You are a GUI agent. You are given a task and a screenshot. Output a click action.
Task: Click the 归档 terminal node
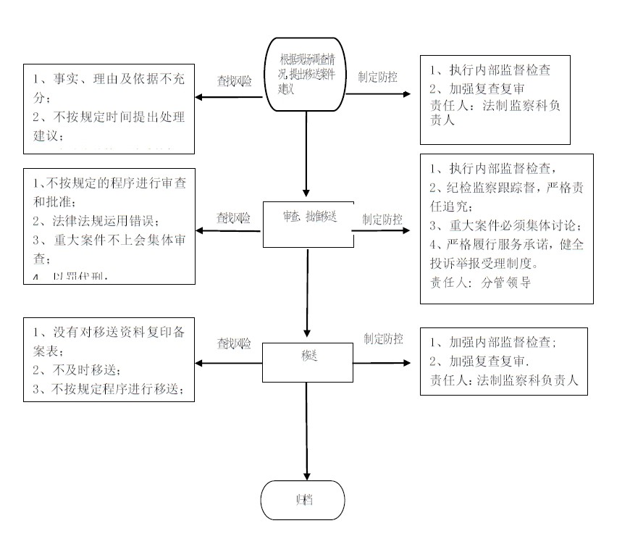302,501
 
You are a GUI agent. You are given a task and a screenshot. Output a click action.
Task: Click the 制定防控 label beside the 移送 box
383,338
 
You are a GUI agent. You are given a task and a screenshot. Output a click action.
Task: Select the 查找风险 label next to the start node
235,82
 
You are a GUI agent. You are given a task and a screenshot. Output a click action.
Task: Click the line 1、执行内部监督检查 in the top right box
490,71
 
